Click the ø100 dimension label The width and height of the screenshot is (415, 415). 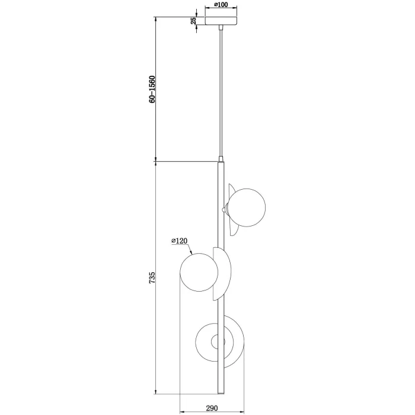pyautogui.click(x=221, y=5)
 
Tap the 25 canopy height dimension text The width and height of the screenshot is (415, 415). pyautogui.click(x=193, y=21)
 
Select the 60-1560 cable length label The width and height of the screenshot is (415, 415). pyautogui.click(x=152, y=89)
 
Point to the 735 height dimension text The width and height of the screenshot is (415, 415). pyautogui.click(x=152, y=277)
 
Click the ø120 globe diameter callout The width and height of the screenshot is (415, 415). pyautogui.click(x=179, y=241)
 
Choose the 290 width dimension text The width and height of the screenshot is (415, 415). pyautogui.click(x=212, y=408)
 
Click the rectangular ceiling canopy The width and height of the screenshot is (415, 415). pyautogui.click(x=221, y=21)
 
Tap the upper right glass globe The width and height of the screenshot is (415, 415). pyautogui.click(x=247, y=207)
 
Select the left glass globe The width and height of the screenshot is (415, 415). pyautogui.click(x=199, y=273)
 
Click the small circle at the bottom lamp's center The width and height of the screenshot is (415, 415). pyautogui.click(x=218, y=341)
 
